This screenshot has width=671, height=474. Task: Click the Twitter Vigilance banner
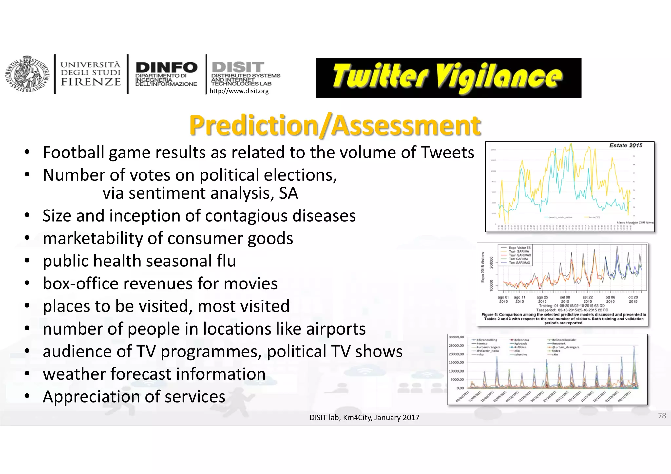pos(448,78)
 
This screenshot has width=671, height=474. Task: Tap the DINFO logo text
pos(166,68)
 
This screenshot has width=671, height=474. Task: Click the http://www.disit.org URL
pos(239,91)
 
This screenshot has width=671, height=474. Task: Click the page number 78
pos(662,416)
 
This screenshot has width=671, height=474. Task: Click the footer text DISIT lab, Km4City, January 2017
pos(364,418)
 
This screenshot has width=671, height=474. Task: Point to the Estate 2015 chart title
pos(625,145)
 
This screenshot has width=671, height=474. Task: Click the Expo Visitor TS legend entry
pos(519,248)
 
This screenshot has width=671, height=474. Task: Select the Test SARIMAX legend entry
pos(519,263)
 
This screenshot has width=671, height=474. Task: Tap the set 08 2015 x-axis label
pos(565,299)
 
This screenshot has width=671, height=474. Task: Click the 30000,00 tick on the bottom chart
pos(456,337)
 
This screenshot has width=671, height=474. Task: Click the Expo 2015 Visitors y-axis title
pos(483,267)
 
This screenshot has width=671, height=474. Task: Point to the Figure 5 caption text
pos(564,319)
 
